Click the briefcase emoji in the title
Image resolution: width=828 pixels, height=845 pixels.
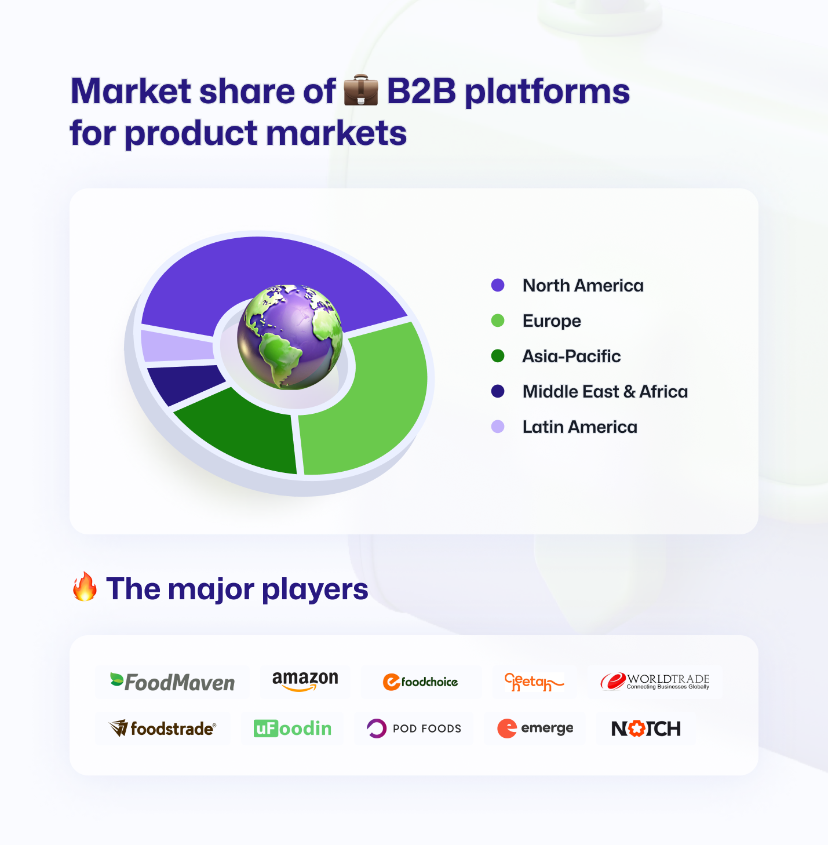360,90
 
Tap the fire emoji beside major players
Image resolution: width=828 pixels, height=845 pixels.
85,587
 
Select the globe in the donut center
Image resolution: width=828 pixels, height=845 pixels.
290,337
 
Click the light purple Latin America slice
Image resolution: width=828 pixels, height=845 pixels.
176,347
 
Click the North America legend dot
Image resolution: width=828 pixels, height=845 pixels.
498,285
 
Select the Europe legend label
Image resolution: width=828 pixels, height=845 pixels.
552,321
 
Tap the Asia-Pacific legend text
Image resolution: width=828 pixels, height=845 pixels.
571,356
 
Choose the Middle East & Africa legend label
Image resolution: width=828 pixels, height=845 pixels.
606,392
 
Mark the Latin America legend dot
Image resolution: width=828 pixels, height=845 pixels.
498,427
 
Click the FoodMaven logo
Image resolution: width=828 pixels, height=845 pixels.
172,682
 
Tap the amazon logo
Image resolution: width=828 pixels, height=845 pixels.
305,681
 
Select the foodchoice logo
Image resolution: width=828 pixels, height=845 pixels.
420,682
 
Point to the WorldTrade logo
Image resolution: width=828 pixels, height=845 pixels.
655,682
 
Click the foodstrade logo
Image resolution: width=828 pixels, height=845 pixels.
162,729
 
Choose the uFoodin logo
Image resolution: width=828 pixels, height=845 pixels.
293,729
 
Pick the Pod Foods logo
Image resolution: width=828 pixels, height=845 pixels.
414,729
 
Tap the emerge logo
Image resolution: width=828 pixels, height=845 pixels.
535,729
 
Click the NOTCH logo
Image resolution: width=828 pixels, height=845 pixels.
646,729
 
